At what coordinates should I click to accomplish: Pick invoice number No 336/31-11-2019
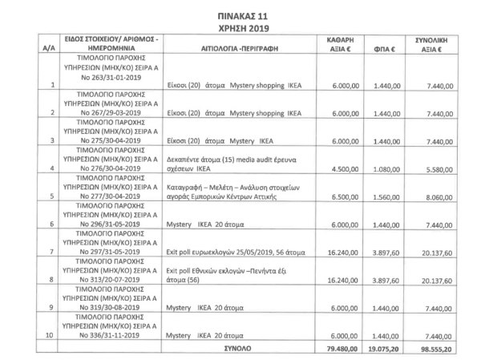coord(107,335)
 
